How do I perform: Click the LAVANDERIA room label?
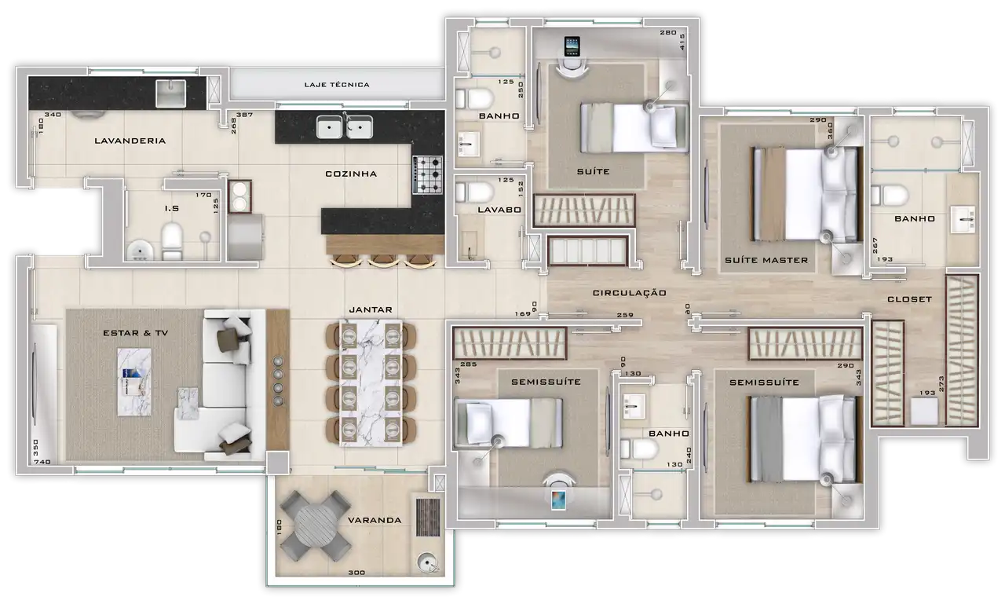tap(130, 141)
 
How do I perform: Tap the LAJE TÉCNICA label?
tap(337, 85)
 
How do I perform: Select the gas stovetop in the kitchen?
tap(428, 174)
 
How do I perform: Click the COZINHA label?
tap(351, 174)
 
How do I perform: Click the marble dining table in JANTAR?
tap(371, 383)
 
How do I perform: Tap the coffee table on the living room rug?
tap(134, 382)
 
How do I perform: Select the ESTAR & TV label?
tap(136, 333)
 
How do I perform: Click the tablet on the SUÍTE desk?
tap(572, 46)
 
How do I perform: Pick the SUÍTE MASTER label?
tap(766, 260)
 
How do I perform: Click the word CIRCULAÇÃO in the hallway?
tap(630, 293)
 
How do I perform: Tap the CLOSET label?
tap(910, 299)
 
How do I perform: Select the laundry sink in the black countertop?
tap(170, 93)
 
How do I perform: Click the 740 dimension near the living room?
tap(42, 462)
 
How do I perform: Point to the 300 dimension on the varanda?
tap(356, 573)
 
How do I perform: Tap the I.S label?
tap(172, 209)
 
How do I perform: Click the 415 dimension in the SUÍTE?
tap(682, 42)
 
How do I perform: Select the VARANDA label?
tap(375, 521)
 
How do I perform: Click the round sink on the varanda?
tap(426, 562)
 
